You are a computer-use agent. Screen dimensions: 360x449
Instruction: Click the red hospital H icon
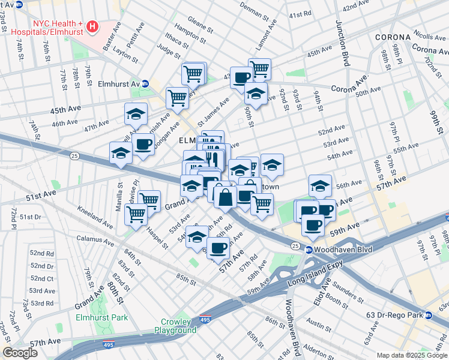coord(92,26)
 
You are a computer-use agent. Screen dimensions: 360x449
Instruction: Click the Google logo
coord(20,352)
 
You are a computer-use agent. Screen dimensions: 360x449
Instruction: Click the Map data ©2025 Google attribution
coord(412,355)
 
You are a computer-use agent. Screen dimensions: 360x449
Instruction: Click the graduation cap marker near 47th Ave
coord(136,113)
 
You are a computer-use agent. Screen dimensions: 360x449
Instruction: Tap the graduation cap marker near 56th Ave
coord(320,185)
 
